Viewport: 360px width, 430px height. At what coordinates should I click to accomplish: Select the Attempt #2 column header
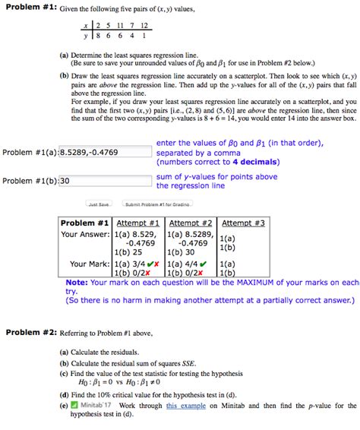(190, 223)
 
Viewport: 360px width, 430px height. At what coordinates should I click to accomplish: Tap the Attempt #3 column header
(243, 223)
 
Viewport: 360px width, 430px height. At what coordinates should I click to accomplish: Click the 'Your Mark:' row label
(89, 264)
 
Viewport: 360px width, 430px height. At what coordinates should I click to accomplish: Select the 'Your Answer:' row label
(85, 235)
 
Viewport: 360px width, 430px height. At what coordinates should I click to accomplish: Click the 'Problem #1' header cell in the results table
(84, 223)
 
